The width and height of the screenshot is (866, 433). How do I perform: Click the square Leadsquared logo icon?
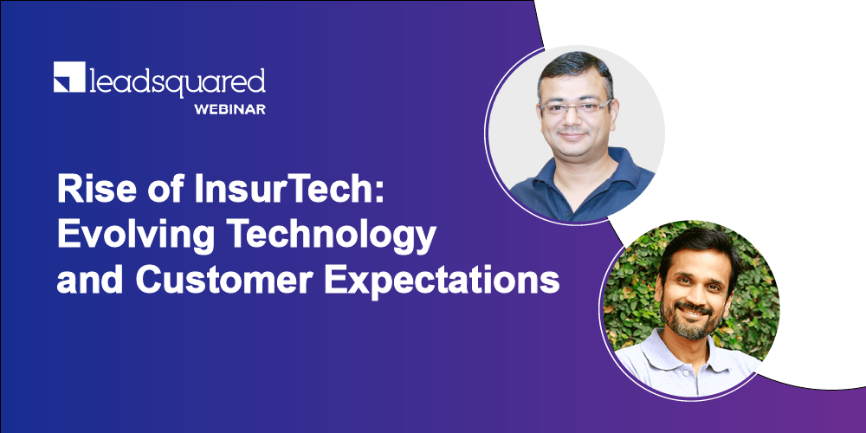point(69,77)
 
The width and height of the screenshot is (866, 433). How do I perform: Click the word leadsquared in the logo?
point(178,81)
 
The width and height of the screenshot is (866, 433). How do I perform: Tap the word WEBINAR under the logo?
point(229,109)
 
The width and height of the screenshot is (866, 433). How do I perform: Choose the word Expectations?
point(442,281)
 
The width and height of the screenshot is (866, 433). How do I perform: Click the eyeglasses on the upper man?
point(575,107)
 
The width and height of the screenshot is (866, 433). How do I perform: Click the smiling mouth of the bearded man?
point(693,310)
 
